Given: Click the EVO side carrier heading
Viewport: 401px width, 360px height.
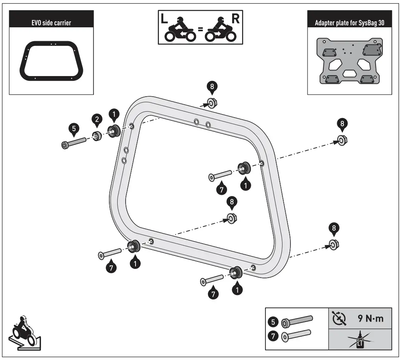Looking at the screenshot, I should (52, 23).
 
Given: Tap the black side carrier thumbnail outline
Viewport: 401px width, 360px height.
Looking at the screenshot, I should (52, 61).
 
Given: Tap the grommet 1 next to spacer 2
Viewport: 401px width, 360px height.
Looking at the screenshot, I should (113, 131).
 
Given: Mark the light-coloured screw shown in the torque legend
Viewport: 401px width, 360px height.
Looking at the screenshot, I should (297, 335).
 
